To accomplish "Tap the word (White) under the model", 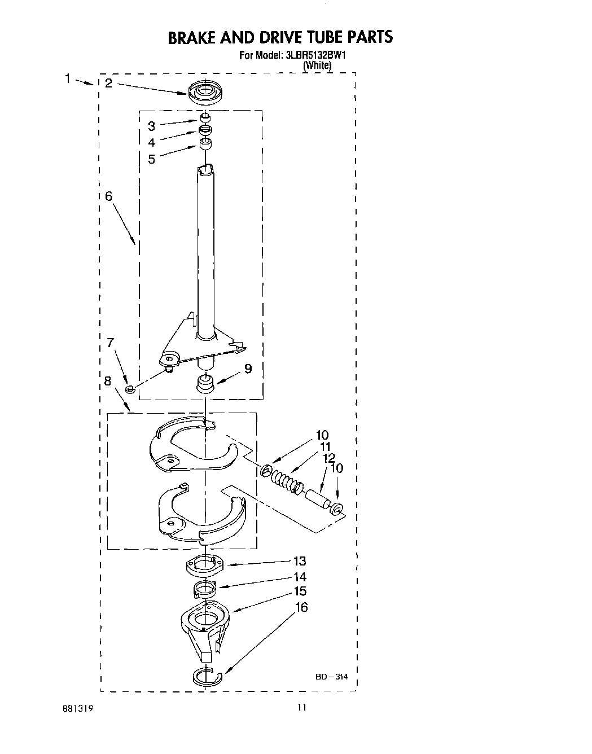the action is pos(317,65).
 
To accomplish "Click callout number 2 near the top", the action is pos(108,83).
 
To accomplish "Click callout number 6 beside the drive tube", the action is pos(108,196).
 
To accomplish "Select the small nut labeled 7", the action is pos(130,388).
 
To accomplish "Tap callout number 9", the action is pos(248,369).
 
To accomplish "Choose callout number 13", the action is pos(299,561).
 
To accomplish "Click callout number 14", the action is pos(300,577).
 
